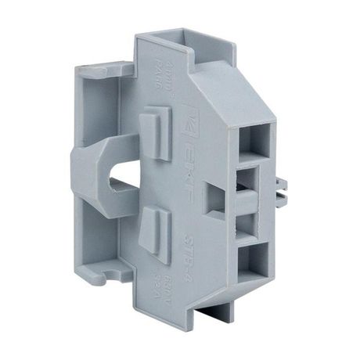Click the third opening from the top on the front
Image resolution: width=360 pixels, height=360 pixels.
250,221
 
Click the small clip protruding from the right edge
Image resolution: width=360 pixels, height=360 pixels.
283,188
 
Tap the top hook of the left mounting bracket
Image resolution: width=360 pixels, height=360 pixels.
92,73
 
